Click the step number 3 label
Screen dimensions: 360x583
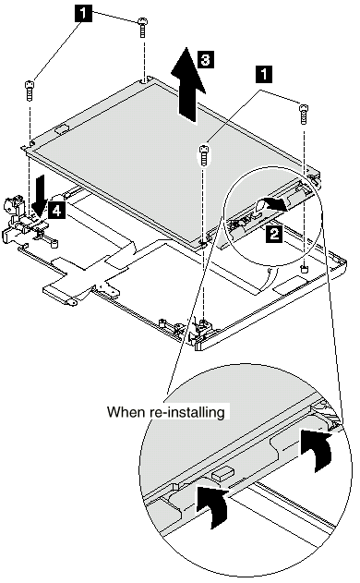pos(206,59)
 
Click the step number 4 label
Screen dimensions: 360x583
pos(55,211)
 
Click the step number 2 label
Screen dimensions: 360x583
pos(273,235)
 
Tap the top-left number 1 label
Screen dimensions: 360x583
pos(83,13)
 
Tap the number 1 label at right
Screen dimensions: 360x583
pos(264,74)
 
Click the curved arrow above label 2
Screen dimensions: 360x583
pos(273,203)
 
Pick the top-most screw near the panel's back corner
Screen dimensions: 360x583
pos(142,27)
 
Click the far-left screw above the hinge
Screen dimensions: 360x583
pos(30,91)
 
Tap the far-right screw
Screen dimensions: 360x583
pos(304,115)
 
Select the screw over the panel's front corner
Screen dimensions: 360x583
pos(203,155)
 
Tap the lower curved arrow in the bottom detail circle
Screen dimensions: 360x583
pos(211,505)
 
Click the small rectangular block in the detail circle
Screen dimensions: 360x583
pos(223,473)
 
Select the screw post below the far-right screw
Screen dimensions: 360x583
pos(305,268)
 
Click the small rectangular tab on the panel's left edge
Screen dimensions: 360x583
pos(62,129)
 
